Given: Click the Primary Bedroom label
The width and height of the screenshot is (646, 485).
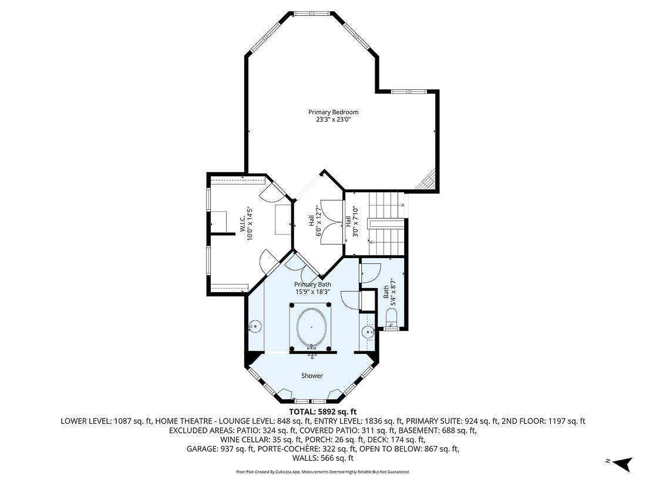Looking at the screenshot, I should pyautogui.click(x=333, y=112).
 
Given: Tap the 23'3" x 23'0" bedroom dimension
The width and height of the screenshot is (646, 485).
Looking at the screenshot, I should pyautogui.click(x=333, y=119).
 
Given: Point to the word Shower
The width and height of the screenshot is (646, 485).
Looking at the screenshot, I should pyautogui.click(x=312, y=376).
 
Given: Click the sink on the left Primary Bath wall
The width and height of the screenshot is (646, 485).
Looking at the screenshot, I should pyautogui.click(x=255, y=325).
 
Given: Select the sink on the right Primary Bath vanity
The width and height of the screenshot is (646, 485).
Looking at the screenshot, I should pyautogui.click(x=368, y=332).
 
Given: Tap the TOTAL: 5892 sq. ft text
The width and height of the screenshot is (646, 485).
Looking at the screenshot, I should pyautogui.click(x=323, y=412).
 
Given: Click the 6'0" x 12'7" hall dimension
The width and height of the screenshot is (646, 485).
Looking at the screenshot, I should pyautogui.click(x=319, y=221).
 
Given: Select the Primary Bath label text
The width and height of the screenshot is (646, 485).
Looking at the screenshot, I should pyautogui.click(x=312, y=285).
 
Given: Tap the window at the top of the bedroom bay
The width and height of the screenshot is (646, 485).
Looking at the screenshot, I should pyautogui.click(x=312, y=13).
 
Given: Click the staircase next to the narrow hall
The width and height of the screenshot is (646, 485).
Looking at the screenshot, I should pyautogui.click(x=385, y=223).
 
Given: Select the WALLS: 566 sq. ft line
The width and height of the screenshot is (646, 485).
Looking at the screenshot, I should pyautogui.click(x=323, y=458).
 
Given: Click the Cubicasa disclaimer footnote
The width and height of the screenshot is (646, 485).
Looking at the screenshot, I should pyautogui.click(x=323, y=471).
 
